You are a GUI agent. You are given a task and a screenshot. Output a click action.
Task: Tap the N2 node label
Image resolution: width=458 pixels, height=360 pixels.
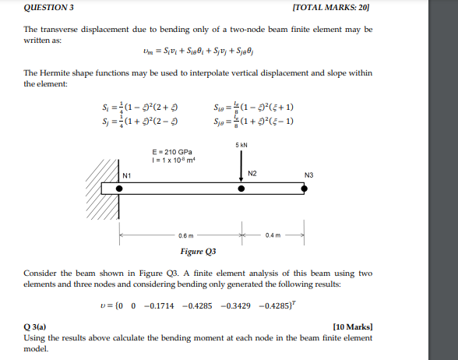click(252, 172)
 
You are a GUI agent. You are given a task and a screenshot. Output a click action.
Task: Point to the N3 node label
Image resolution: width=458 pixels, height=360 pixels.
click(310, 175)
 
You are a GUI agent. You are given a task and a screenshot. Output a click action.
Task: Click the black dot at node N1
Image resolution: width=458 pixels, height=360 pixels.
click(122, 189)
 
